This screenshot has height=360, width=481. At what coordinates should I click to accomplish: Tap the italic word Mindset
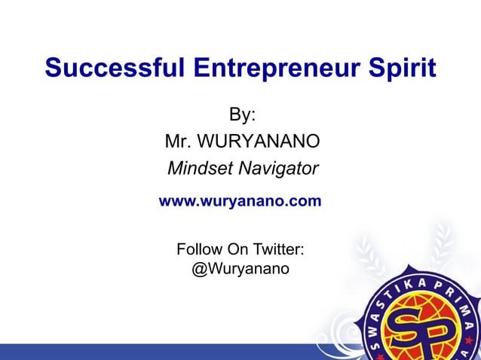pos(199,168)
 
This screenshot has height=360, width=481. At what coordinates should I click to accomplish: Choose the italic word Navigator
pos(278,168)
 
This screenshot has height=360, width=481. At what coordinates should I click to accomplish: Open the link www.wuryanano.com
pos(239,202)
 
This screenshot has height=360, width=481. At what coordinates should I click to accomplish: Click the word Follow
pos(198,249)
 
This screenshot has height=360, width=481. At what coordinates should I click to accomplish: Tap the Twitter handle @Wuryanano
pos(240,268)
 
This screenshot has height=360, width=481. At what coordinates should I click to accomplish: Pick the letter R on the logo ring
pos(446,288)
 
